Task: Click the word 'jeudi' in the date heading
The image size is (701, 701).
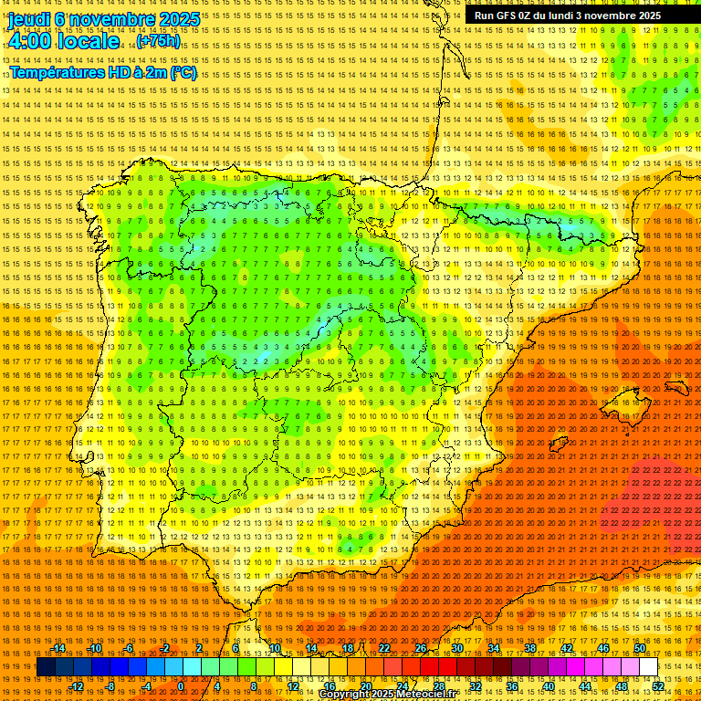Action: [27, 18]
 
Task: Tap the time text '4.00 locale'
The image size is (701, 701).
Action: [63, 41]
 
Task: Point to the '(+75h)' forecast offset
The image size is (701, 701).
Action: [159, 42]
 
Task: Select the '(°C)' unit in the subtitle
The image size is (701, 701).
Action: [183, 72]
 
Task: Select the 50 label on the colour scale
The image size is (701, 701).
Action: [640, 648]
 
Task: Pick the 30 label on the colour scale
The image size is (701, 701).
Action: [456, 648]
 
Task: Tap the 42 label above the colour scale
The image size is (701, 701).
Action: [566, 648]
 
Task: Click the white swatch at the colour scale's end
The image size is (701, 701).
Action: [648, 667]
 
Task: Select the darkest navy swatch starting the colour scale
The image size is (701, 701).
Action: [46, 667]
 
